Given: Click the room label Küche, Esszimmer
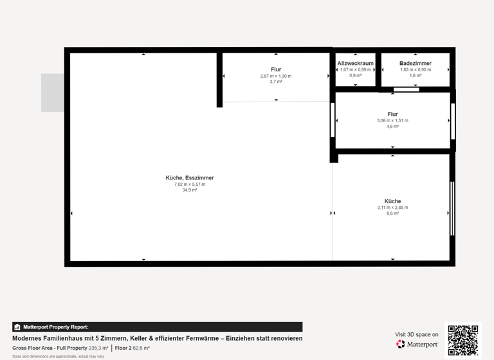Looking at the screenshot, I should (x=190, y=178).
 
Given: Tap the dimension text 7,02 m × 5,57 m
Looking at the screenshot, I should (x=190, y=184).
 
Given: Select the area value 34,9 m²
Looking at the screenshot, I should (x=190, y=190).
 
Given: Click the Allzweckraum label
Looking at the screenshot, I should (x=356, y=63).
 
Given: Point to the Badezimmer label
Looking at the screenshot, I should (x=416, y=63).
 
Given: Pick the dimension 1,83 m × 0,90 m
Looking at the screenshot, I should (x=416, y=69).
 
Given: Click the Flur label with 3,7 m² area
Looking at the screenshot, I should (x=276, y=69).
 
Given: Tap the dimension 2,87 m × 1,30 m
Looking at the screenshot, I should (x=276, y=76).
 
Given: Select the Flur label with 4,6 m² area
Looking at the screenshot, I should (x=392, y=114).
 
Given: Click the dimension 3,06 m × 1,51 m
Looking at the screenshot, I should (x=392, y=121).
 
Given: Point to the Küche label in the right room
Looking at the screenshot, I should (x=392, y=201).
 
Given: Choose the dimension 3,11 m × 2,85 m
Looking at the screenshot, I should (x=392, y=208).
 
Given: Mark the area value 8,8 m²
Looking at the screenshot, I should (x=392, y=213).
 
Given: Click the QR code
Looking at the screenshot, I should (x=462, y=340).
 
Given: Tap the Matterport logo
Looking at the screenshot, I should (x=417, y=345).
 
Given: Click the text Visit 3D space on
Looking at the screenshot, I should (x=417, y=334).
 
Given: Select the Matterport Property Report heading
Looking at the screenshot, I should (x=55, y=327).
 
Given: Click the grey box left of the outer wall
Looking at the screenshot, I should (x=53, y=93).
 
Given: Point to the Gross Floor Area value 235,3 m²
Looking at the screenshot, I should (x=98, y=348).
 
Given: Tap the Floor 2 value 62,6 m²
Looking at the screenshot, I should (x=141, y=348).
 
